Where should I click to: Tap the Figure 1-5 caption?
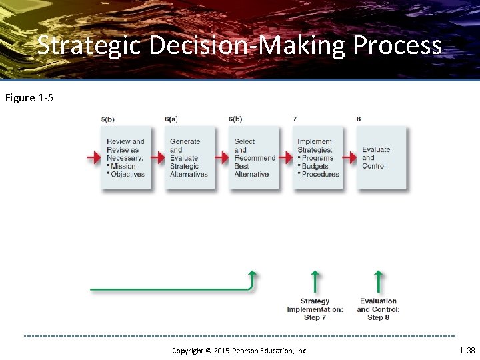pyautogui.click(x=29, y=98)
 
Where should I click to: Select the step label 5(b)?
pyautogui.click(x=108, y=119)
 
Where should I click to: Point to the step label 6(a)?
pyautogui.click(x=171, y=119)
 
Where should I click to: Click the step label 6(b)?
pyautogui.click(x=235, y=119)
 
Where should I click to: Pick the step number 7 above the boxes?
pyautogui.click(x=295, y=119)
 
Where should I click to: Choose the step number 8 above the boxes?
pyautogui.click(x=359, y=119)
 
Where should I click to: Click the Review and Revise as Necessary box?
pyautogui.click(x=126, y=158)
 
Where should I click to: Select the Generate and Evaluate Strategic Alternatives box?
pyautogui.click(x=189, y=158)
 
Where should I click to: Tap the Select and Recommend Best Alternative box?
pyautogui.click(x=254, y=158)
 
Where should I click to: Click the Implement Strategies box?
pyautogui.click(x=318, y=158)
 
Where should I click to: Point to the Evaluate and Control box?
pyautogui.click(x=382, y=158)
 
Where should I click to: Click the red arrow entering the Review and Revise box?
pyautogui.click(x=93, y=158)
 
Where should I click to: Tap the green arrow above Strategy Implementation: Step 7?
pyautogui.click(x=315, y=281)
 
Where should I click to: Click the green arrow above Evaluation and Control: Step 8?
pyautogui.click(x=379, y=281)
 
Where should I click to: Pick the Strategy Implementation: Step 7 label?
pyautogui.click(x=315, y=309)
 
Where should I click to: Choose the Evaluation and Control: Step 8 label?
pyautogui.click(x=378, y=309)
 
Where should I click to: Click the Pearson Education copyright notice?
pyautogui.click(x=239, y=351)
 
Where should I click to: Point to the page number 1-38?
pyautogui.click(x=467, y=350)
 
